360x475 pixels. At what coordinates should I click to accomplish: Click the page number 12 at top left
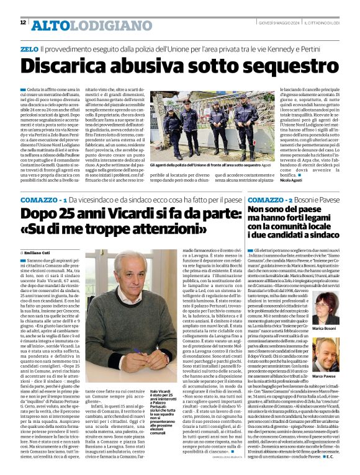[x=23, y=23]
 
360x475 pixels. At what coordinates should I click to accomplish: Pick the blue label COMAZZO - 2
[x=268, y=200]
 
